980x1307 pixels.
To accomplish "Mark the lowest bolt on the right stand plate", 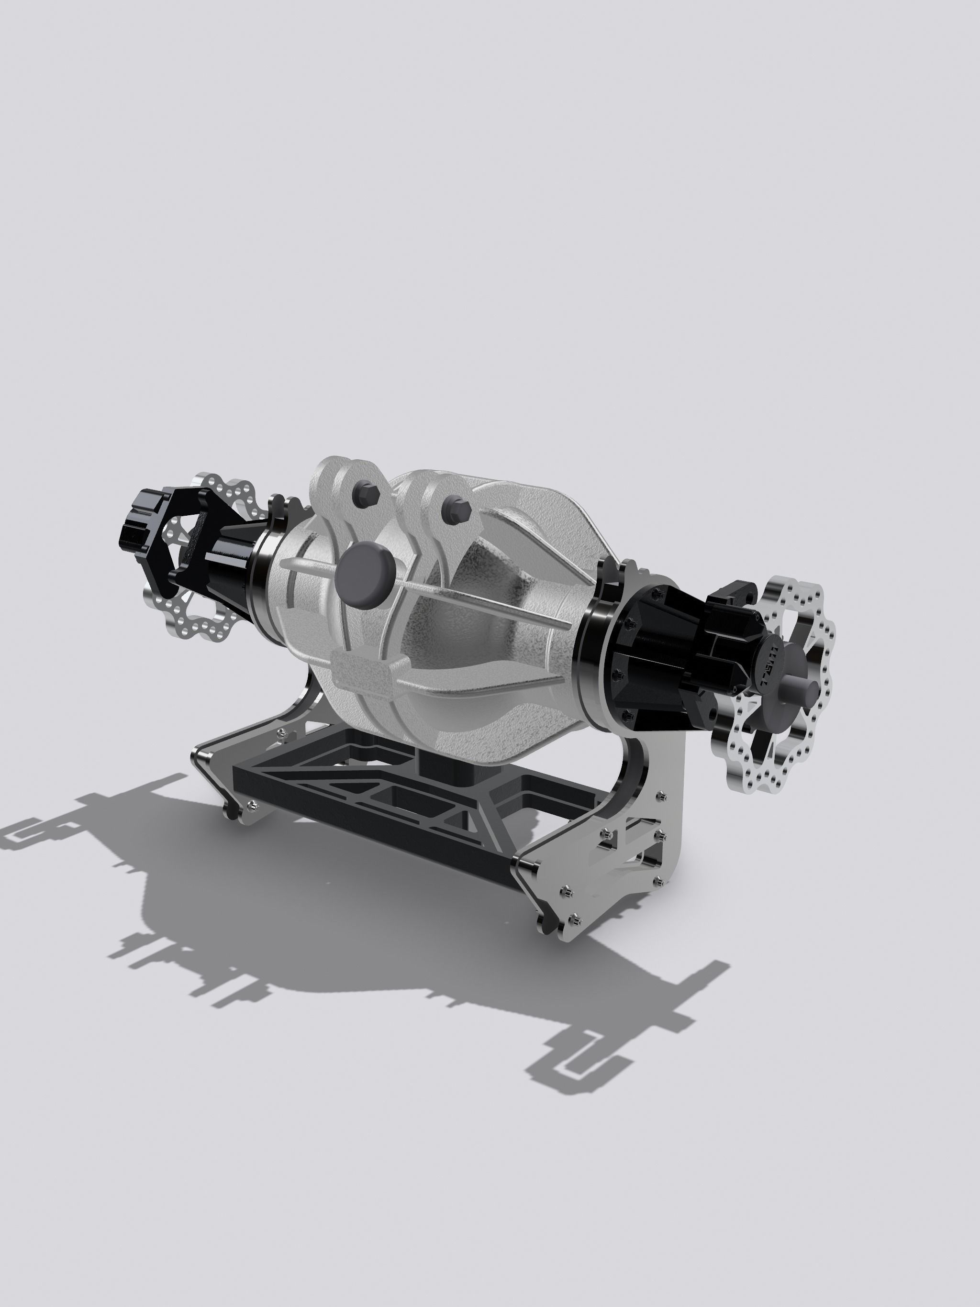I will pyautogui.click(x=572, y=919).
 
